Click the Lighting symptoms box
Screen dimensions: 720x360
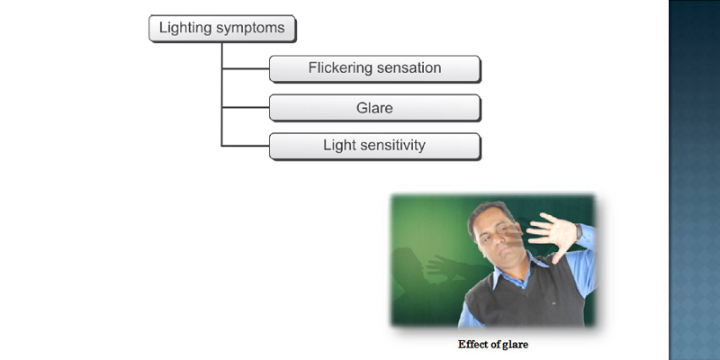coord(222,29)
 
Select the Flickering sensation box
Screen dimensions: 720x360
coord(374,69)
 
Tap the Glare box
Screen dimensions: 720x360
coord(374,108)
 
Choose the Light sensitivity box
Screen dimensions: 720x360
coord(374,147)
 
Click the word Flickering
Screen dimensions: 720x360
coord(340,68)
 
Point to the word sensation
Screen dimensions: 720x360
coord(409,68)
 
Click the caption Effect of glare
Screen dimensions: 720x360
coord(492,345)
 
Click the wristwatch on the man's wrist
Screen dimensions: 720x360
coord(579,231)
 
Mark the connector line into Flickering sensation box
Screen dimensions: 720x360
coord(246,69)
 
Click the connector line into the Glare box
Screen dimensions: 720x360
coord(246,108)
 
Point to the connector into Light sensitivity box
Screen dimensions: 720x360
coord(246,146)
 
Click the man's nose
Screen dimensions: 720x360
coord(497,240)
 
